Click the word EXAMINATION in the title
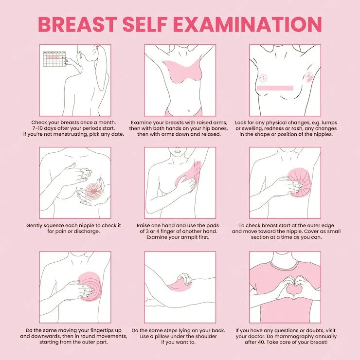[252, 24]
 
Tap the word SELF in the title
[158, 24]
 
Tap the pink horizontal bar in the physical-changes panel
[274, 88]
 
